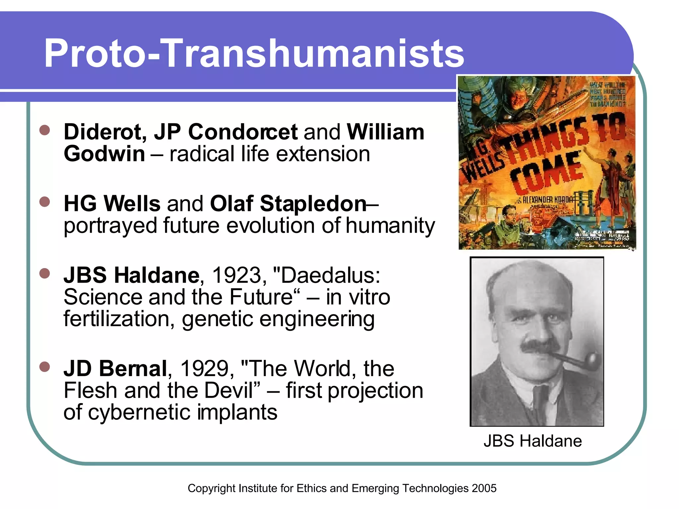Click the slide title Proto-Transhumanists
254,54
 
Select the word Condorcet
243,132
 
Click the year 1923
237,275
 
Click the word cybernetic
139,412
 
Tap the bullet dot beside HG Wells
44,202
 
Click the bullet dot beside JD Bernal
44,367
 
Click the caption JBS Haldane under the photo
533,441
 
